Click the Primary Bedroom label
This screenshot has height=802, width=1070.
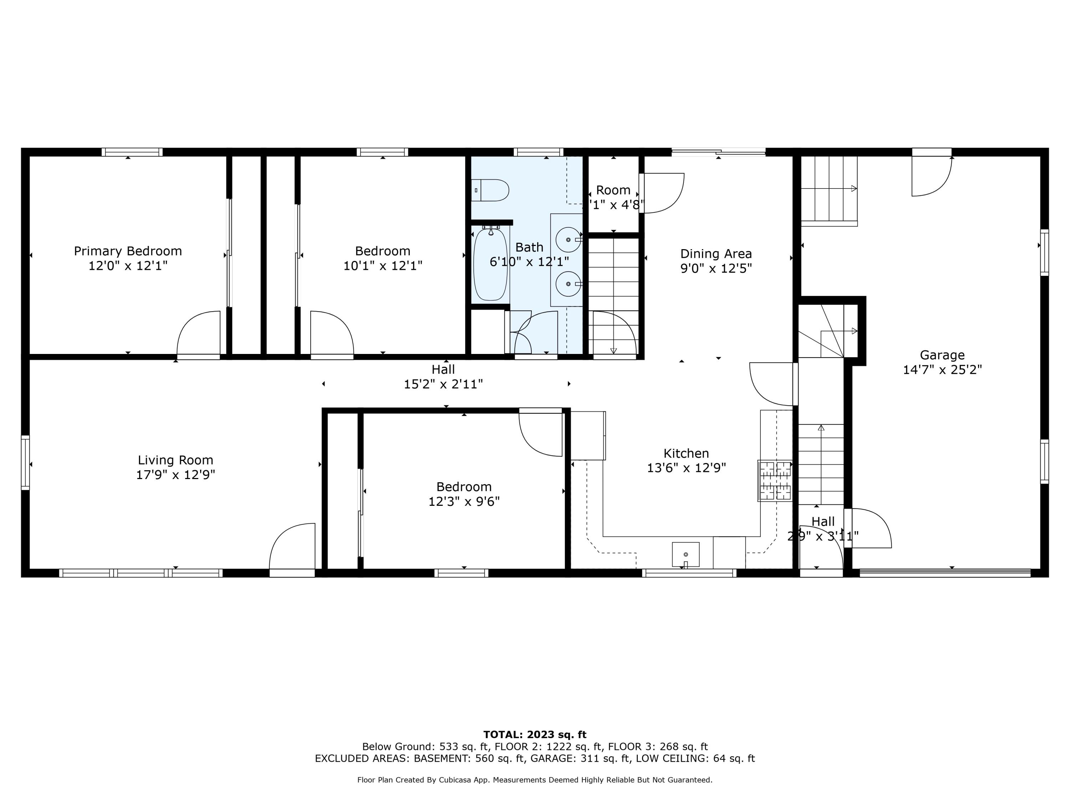coord(128,251)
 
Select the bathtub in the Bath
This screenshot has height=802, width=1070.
coord(490,264)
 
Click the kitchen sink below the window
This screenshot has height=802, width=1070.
coord(686,554)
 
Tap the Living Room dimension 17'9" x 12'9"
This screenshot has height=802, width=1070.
coord(175,475)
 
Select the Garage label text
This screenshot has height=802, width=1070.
coord(942,355)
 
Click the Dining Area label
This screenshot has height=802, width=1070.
coord(716,254)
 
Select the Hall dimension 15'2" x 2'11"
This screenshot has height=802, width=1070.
coord(443,384)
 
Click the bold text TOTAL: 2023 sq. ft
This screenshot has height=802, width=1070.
coord(535,735)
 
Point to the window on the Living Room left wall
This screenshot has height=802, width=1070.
coord(25,463)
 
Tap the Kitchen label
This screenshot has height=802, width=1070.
coord(686,453)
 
